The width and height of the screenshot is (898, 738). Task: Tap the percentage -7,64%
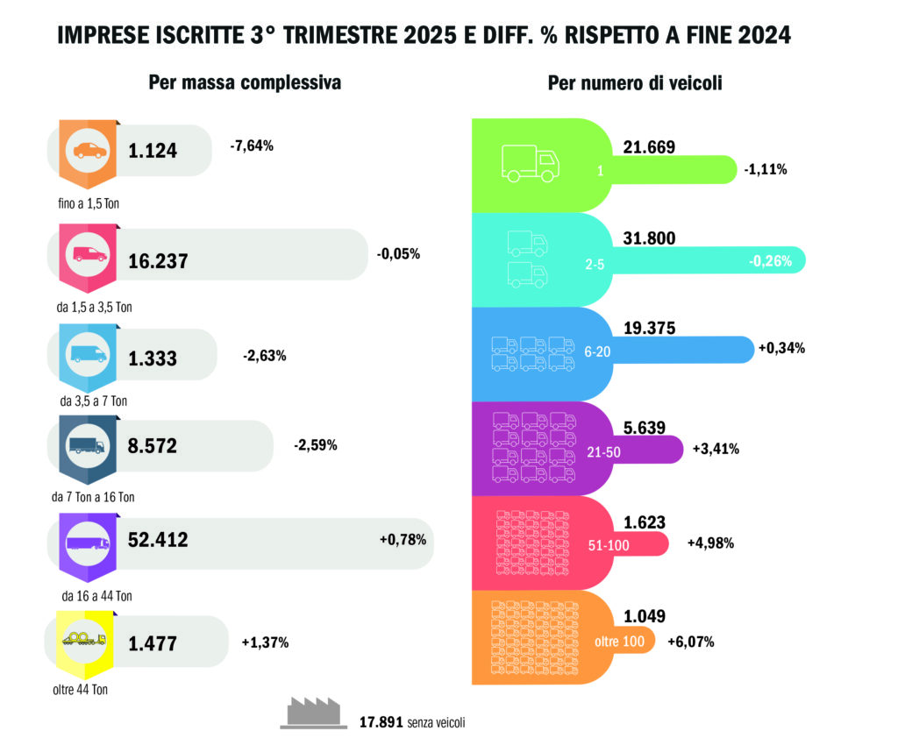(252, 145)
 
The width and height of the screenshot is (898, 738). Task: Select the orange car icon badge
(89, 151)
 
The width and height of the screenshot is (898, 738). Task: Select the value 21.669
(649, 147)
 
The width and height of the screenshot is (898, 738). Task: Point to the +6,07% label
(691, 642)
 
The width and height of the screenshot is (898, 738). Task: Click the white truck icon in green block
(530, 162)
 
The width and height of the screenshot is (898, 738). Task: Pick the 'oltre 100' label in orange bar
(620, 642)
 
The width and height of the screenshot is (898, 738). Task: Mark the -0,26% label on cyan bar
(771, 260)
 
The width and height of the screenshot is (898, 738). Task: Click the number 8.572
(153, 446)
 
